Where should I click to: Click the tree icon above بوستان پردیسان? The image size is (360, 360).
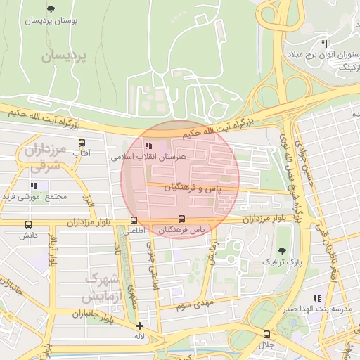click(x=50, y=9)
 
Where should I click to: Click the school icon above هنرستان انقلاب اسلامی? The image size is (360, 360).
click(x=148, y=146)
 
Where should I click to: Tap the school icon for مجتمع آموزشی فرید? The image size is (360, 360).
click(x=33, y=186)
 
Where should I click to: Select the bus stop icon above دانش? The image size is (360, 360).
click(x=28, y=225)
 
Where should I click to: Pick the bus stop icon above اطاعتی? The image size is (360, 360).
click(x=134, y=219)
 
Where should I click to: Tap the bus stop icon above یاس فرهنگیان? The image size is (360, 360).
click(x=182, y=219)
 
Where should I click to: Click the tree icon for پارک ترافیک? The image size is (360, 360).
click(x=282, y=250)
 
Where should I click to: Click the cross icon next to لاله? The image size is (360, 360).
click(x=139, y=326)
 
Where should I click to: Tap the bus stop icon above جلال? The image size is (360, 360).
click(x=266, y=334)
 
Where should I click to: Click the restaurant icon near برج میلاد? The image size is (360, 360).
click(x=324, y=43)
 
